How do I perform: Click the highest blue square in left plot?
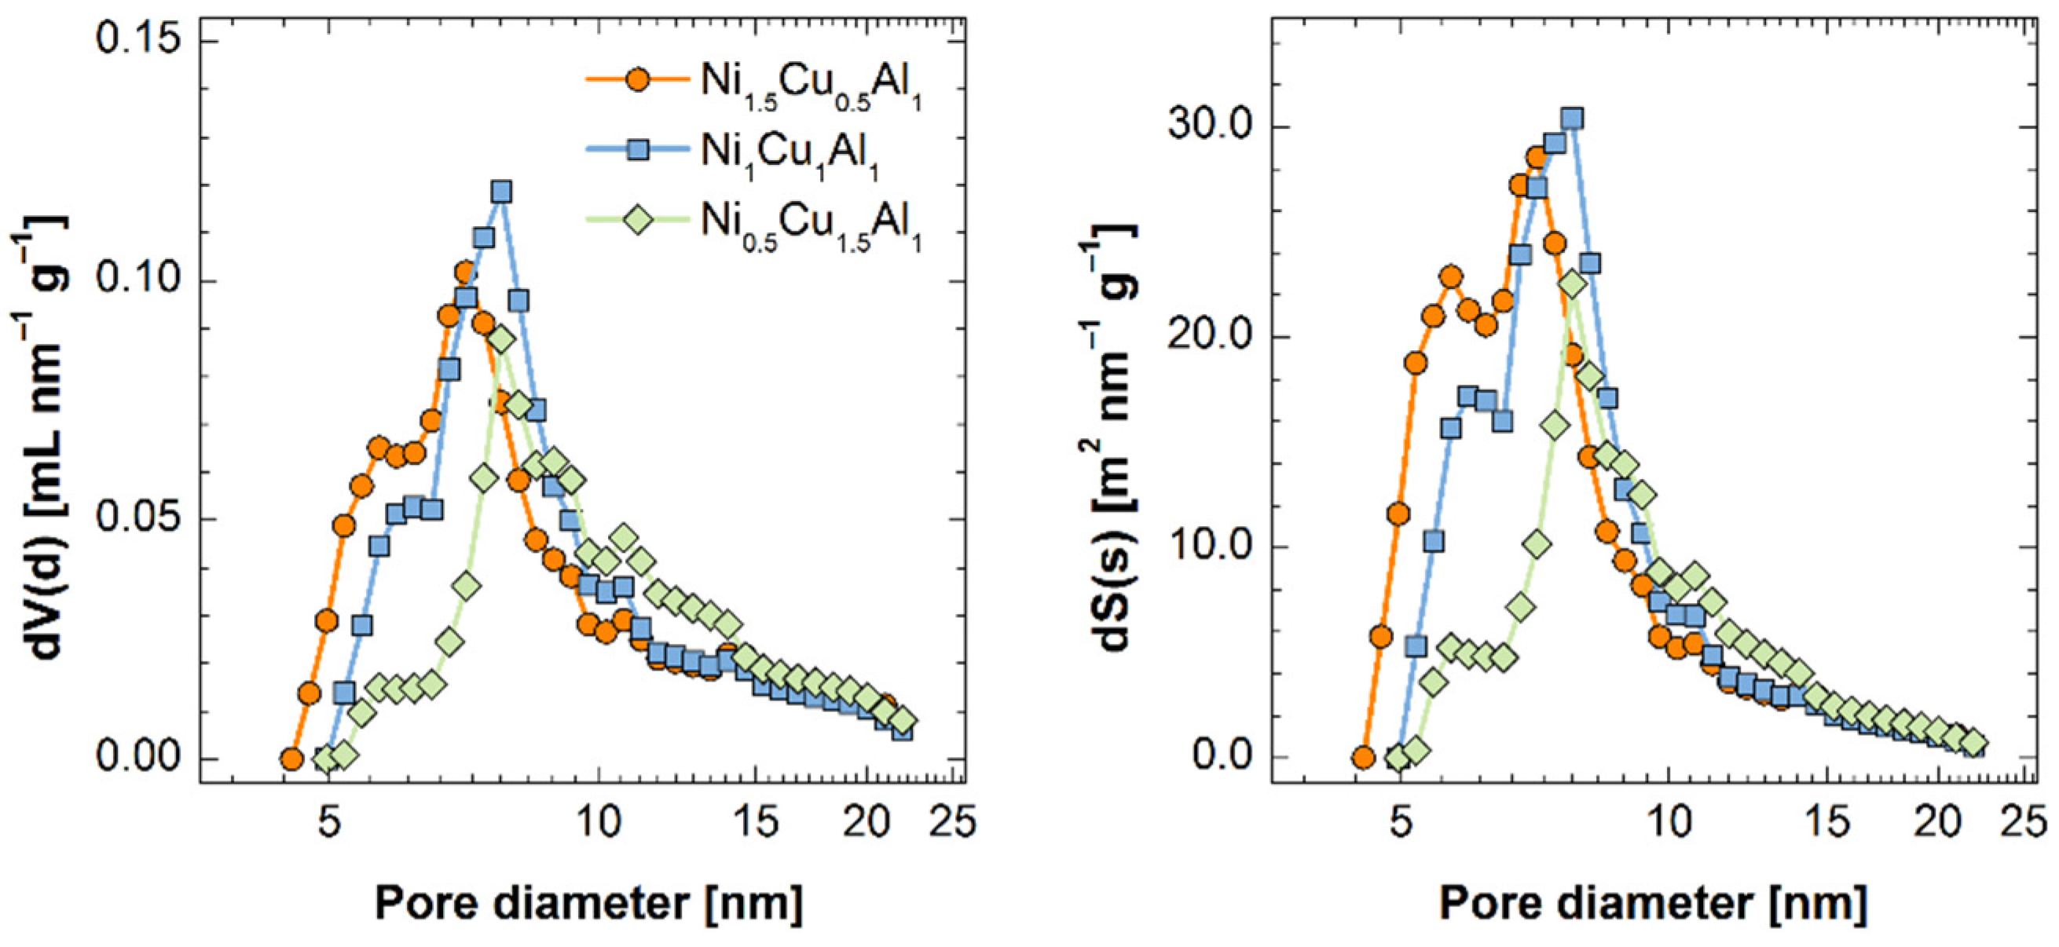click(501, 192)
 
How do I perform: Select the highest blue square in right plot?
click(1571, 119)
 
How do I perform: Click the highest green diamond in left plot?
click(500, 340)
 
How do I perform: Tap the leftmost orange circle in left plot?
click(291, 759)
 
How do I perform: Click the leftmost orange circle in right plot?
click(1363, 758)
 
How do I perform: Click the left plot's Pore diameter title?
click(588, 903)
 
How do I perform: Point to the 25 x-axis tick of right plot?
click(2027, 821)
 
